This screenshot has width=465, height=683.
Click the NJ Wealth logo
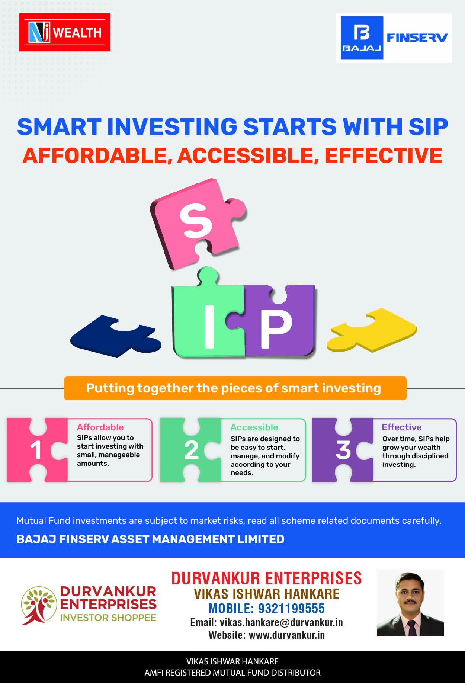tap(65, 32)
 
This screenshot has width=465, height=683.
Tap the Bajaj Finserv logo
tap(394, 38)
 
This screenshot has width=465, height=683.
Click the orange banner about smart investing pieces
tap(235, 388)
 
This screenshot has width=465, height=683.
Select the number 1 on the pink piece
tap(36, 450)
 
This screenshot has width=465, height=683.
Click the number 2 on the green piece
tap(191, 450)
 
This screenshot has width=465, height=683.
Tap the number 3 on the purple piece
tap(343, 450)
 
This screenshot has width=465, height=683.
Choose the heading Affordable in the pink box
tap(100, 427)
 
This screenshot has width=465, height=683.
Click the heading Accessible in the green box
tap(254, 427)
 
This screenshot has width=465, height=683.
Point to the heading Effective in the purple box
tap(402, 427)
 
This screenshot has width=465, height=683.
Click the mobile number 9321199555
tap(291, 609)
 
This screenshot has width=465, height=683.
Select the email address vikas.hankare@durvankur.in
tap(281, 623)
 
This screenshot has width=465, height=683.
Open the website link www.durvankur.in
tap(286, 635)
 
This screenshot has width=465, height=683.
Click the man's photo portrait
tap(410, 603)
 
